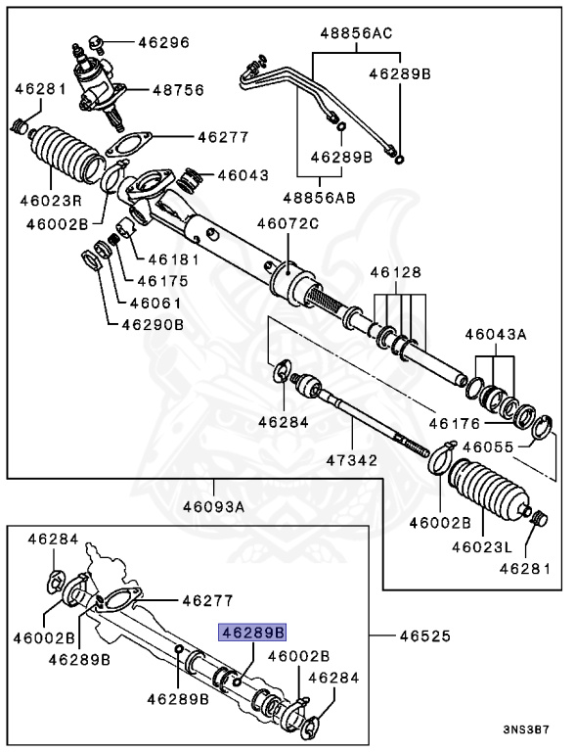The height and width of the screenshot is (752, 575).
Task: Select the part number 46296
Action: (163, 42)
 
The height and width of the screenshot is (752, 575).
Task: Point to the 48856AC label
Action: (355, 31)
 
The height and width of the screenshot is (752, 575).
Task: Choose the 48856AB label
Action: (320, 197)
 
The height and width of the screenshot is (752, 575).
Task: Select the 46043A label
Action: (496, 334)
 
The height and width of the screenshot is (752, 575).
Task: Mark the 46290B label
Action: (152, 324)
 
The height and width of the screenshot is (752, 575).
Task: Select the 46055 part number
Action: (489, 446)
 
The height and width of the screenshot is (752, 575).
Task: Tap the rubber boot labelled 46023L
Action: (485, 493)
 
